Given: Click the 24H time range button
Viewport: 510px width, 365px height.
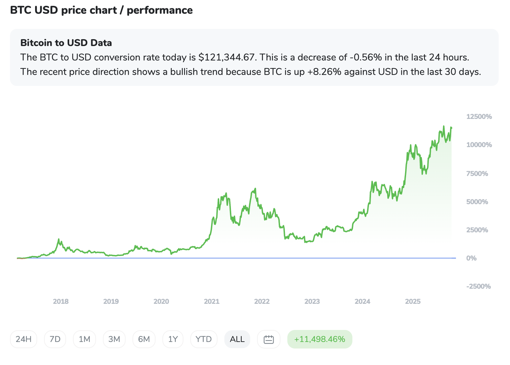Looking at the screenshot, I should tap(23, 339).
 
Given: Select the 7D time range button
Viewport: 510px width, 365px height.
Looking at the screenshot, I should tap(55, 339).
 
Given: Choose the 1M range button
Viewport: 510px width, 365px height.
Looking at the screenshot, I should tap(84, 339).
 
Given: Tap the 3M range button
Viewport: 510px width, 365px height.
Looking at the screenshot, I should tap(114, 339).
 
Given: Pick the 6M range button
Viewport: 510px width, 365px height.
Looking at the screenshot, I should tap(144, 339).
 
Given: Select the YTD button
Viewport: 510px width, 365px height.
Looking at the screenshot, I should tap(203, 339).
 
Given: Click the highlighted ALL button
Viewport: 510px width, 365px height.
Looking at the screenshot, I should tap(237, 339).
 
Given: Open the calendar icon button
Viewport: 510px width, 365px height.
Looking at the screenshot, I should tap(268, 339).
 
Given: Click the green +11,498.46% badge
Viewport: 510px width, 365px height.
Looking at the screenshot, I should tap(320, 339).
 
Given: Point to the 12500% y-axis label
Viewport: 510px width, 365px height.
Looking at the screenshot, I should tap(479, 117).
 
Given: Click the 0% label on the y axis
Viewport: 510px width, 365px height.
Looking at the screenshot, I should tap(471, 258).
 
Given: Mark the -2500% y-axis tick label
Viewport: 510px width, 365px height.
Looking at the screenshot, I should tap(478, 286).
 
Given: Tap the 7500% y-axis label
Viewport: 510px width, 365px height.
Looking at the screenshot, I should tap(477, 174).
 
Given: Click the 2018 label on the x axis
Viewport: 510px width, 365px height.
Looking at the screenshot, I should tap(61, 301).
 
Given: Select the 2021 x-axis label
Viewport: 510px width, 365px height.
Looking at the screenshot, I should tap(212, 301).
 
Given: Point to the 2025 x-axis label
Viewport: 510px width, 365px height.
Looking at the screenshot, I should tap(413, 301).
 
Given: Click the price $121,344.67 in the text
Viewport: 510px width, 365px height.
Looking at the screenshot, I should tap(227, 57).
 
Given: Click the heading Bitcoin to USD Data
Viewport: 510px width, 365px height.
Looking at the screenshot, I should tap(66, 43).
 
